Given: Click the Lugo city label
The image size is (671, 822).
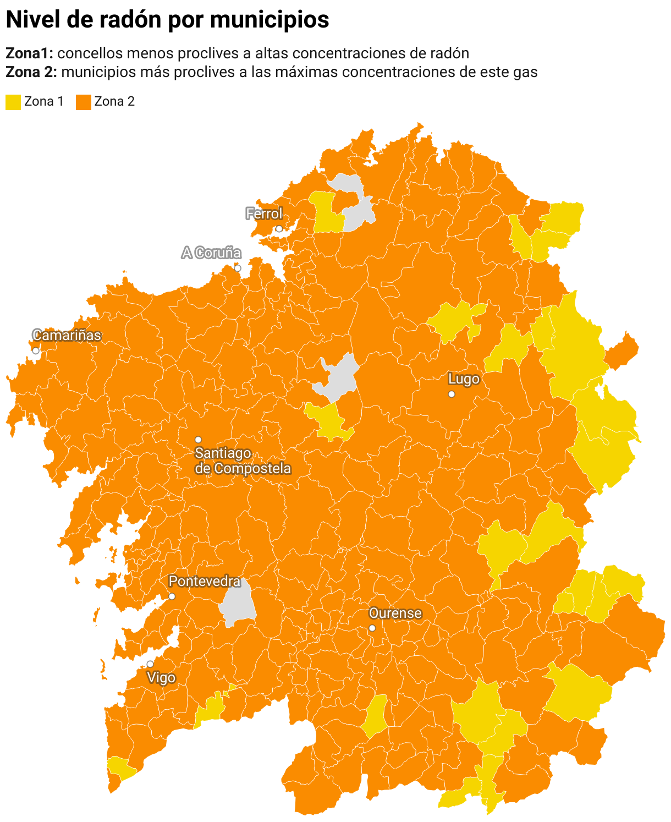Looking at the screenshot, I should pyautogui.click(x=464, y=379).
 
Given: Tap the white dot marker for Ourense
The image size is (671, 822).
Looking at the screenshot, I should pyautogui.click(x=372, y=628).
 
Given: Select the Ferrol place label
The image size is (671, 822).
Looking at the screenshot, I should pyautogui.click(x=264, y=213).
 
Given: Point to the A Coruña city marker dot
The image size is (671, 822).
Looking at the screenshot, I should pyautogui.click(x=238, y=268).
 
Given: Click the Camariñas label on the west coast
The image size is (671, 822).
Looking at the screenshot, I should pyautogui.click(x=67, y=336).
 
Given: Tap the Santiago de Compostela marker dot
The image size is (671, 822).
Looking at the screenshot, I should pyautogui.click(x=198, y=440).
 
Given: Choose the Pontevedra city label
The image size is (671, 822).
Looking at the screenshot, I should pyautogui.click(x=204, y=582).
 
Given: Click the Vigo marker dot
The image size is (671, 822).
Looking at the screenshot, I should pyautogui.click(x=150, y=664).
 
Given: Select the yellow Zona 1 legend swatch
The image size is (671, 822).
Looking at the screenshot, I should pyautogui.click(x=13, y=102).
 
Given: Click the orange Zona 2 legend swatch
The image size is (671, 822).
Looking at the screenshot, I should pyautogui.click(x=83, y=102).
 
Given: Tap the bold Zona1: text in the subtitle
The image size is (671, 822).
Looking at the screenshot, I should pyautogui.click(x=29, y=53).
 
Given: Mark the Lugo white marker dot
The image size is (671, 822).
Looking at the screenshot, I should pyautogui.click(x=452, y=394).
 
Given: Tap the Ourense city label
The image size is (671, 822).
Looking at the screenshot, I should pyautogui.click(x=395, y=613).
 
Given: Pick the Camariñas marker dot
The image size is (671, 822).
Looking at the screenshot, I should pyautogui.click(x=36, y=350).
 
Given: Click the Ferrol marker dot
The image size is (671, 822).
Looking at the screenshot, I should pyautogui.click(x=279, y=228).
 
